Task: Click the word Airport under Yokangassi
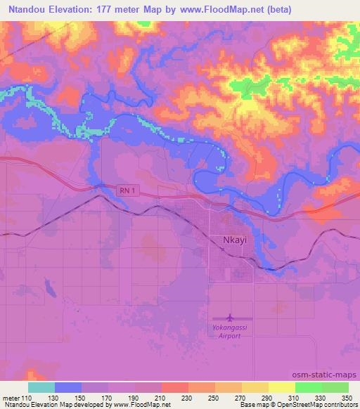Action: tap(230, 336)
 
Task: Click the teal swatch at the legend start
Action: tap(41, 387)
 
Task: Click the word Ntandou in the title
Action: tap(26, 11)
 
